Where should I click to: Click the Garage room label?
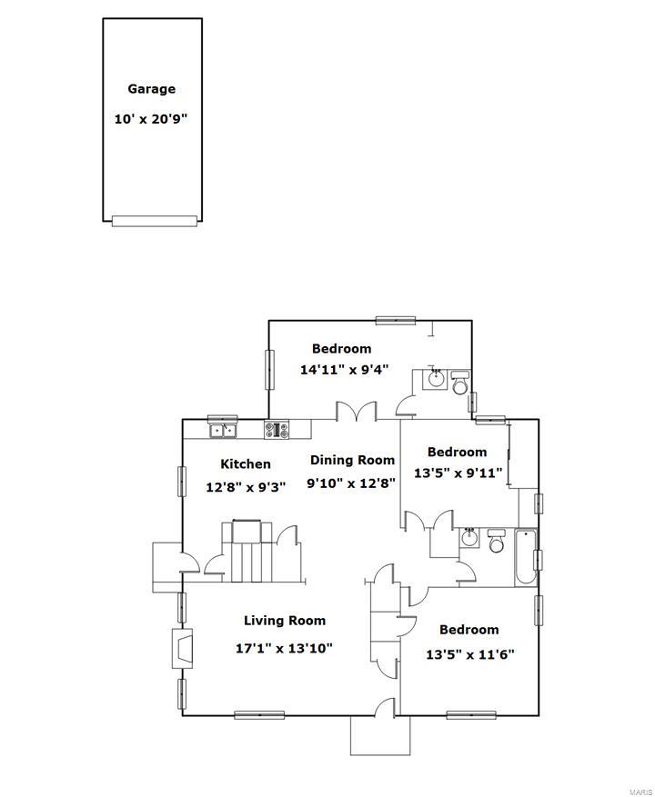(x=151, y=89)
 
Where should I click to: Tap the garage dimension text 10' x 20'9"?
(x=151, y=119)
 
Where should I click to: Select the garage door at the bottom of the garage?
(x=154, y=221)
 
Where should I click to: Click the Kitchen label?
(x=245, y=463)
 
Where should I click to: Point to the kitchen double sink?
(x=223, y=430)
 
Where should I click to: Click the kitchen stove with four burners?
(x=277, y=429)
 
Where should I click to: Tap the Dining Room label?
(x=352, y=460)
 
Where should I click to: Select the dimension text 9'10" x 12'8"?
(x=350, y=483)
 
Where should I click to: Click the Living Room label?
(x=284, y=621)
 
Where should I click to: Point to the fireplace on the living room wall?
(x=183, y=649)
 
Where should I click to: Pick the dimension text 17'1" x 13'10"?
(x=284, y=648)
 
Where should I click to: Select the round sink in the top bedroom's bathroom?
(x=437, y=378)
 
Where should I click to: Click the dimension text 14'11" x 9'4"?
(x=344, y=370)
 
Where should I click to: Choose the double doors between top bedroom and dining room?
(x=356, y=412)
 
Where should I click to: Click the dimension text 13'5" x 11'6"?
(x=469, y=654)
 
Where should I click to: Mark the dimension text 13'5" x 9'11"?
(x=458, y=473)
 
